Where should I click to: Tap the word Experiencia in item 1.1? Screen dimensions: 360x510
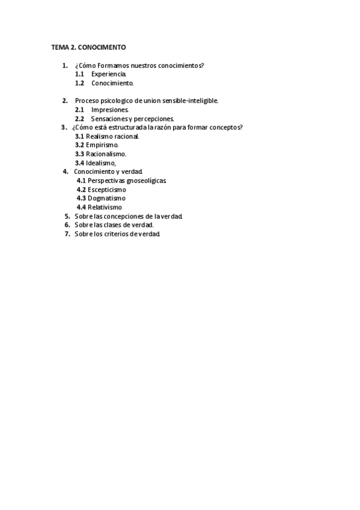[x=109, y=74]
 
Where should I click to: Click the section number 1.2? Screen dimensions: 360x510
[x=79, y=83]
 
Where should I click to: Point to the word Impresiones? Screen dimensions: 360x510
[x=110, y=110]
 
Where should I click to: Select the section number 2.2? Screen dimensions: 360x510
[x=79, y=119]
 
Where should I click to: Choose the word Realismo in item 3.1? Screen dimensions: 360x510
[x=100, y=137]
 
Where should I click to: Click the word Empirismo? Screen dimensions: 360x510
[x=102, y=145]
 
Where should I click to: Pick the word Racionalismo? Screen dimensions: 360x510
[x=106, y=154]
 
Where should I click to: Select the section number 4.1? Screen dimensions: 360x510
[x=81, y=180]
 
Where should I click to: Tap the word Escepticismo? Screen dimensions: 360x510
[x=107, y=189]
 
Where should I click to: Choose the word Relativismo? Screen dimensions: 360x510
[x=105, y=207]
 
